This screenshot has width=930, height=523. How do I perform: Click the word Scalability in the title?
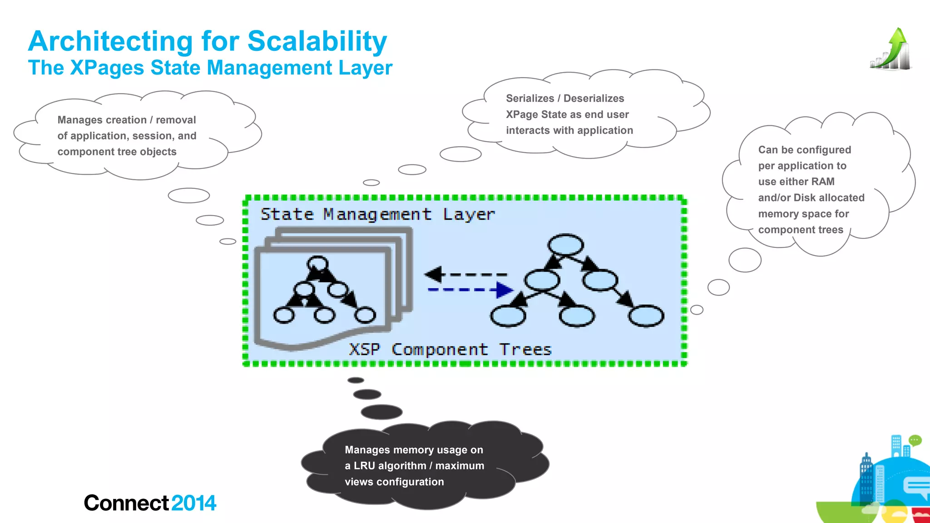pos(317,42)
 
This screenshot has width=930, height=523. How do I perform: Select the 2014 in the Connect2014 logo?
pos(194,503)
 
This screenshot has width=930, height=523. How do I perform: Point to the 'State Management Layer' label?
pos(377,214)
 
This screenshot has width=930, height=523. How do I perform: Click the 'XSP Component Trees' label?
pos(450,350)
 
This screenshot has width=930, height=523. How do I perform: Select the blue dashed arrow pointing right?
pos(470,290)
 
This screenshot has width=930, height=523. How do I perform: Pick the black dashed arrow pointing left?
pos(465,274)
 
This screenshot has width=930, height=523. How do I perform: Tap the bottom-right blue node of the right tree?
pos(646,316)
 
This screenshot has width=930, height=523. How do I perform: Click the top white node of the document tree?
pos(317,264)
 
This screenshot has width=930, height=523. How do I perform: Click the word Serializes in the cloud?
pos(530,99)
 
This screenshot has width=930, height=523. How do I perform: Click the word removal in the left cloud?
pos(176,120)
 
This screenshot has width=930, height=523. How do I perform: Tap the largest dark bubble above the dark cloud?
pos(381,412)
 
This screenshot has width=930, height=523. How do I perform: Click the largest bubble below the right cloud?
pos(745,260)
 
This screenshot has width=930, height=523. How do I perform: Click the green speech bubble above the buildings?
pos(915,440)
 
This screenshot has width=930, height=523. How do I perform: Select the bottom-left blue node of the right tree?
pos(508,316)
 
